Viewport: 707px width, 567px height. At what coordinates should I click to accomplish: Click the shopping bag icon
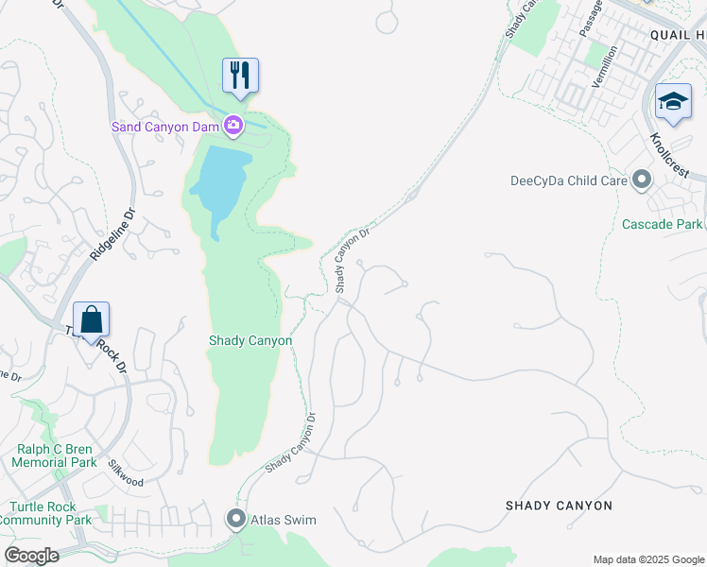point(91,319)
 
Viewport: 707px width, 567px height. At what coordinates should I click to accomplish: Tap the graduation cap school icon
point(672,102)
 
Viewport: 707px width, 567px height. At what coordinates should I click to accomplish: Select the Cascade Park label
point(662,224)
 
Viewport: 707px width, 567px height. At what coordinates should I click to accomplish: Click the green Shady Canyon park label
point(250,340)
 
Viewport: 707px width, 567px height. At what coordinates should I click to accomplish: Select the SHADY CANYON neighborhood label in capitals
point(559,506)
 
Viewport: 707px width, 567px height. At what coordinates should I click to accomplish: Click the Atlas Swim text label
point(283,520)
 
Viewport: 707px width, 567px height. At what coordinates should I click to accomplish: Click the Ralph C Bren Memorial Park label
point(56,455)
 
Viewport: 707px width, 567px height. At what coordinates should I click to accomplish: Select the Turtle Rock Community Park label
point(48,513)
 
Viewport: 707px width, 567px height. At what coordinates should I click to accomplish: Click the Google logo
point(31,555)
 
